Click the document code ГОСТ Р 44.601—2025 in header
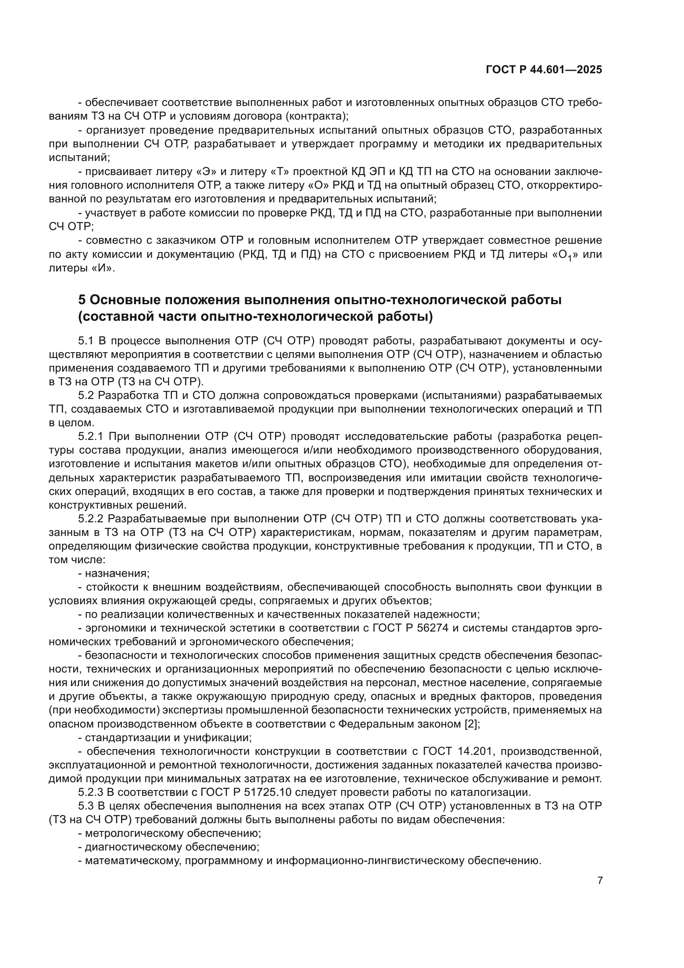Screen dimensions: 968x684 point(544,70)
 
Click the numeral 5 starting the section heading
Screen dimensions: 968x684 point(82,300)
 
